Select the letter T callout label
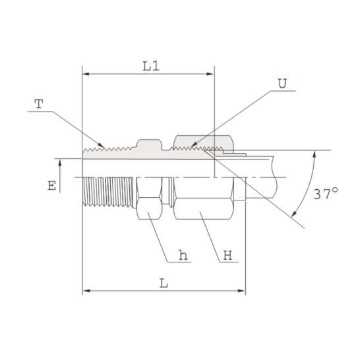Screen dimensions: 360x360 click(x=39, y=104)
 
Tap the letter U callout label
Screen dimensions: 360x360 click(x=282, y=84)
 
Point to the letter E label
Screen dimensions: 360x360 click(x=51, y=186)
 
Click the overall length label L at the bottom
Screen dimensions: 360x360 click(x=164, y=284)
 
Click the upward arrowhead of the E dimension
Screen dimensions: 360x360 click(x=60, y=162)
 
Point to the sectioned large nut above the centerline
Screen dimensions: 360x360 click(x=201, y=141)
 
